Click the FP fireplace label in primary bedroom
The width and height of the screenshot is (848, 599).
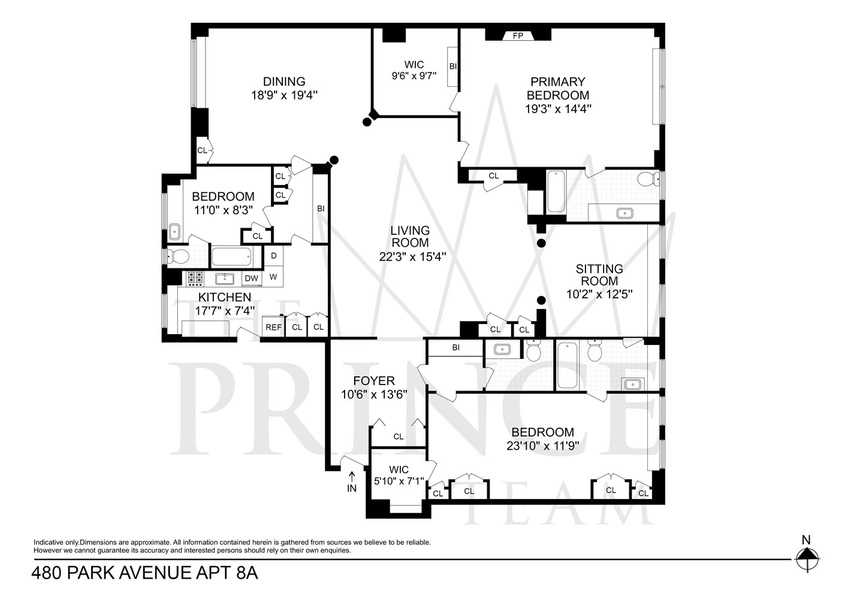(518, 36)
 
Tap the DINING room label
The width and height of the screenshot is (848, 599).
(284, 81)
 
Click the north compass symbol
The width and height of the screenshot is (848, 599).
(807, 559)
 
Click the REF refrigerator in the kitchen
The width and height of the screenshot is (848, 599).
(273, 327)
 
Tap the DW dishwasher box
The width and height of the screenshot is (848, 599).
(251, 278)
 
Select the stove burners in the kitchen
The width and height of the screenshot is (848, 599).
(195, 277)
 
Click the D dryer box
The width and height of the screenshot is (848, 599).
(274, 256)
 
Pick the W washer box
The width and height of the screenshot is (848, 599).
(273, 277)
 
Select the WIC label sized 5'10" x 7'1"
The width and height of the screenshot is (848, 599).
(399, 470)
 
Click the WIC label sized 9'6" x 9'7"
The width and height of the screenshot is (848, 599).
(414, 65)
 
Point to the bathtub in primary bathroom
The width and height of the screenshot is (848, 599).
(556, 192)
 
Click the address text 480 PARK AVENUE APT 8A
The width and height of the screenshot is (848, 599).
(144, 573)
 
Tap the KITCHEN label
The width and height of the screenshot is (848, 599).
(225, 297)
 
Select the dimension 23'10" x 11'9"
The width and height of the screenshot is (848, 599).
(542, 446)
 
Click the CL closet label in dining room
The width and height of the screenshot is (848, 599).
(202, 150)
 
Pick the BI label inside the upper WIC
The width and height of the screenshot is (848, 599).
(453, 66)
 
